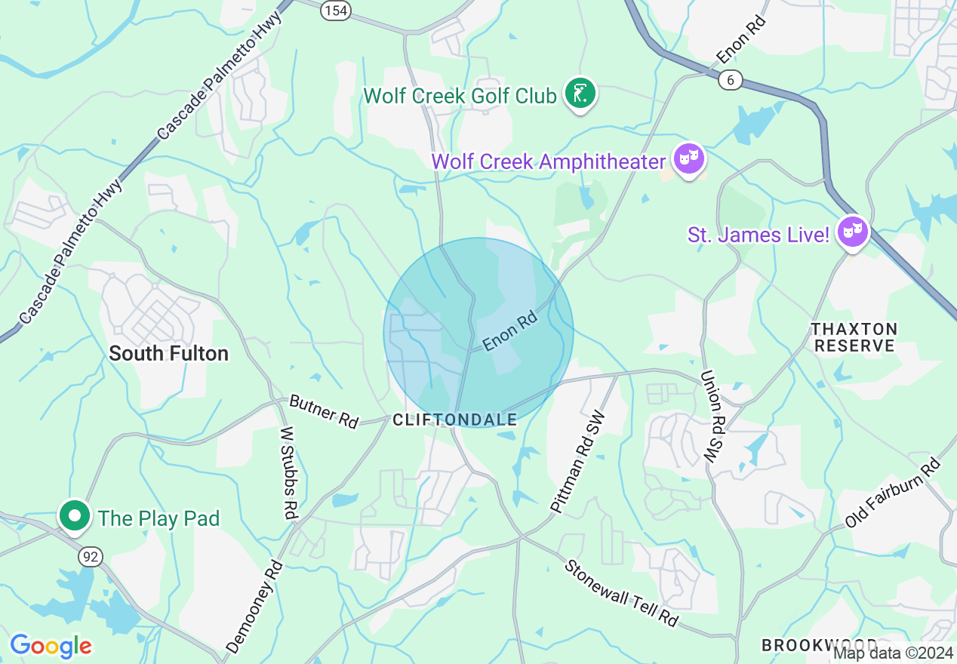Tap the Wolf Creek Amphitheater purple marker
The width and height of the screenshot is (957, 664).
(689, 159)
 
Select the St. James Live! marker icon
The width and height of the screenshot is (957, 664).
(853, 232)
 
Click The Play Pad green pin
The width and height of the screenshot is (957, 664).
(74, 517)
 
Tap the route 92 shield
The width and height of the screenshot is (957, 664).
(90, 557)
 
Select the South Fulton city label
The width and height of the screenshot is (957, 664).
(168, 353)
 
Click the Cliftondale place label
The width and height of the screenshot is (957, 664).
(455, 420)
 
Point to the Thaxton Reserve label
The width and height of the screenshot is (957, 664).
(854, 337)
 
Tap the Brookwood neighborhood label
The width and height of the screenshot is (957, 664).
(819, 646)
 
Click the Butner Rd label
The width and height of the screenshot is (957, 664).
(324, 411)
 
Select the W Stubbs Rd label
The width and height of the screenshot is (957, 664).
(288, 472)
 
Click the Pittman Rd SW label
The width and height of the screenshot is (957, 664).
(578, 469)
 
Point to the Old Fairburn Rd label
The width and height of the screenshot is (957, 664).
(892, 493)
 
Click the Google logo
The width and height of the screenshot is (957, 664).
(51, 646)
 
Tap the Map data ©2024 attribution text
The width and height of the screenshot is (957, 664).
(894, 652)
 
